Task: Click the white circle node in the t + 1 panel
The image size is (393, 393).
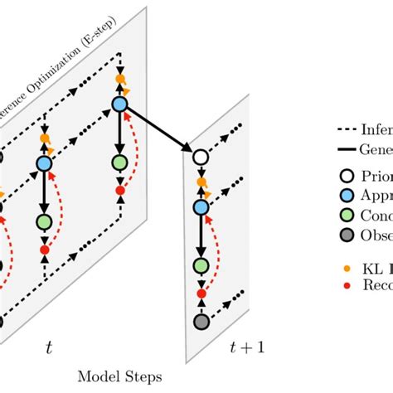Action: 199,157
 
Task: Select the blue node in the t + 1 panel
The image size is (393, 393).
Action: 199,206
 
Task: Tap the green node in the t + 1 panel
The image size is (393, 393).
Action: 199,266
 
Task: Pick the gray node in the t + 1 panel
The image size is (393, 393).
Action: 199,321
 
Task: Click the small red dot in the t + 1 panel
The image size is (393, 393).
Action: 199,294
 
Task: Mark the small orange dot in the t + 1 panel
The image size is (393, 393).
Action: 199,182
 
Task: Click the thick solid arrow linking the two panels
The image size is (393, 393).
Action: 158,129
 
